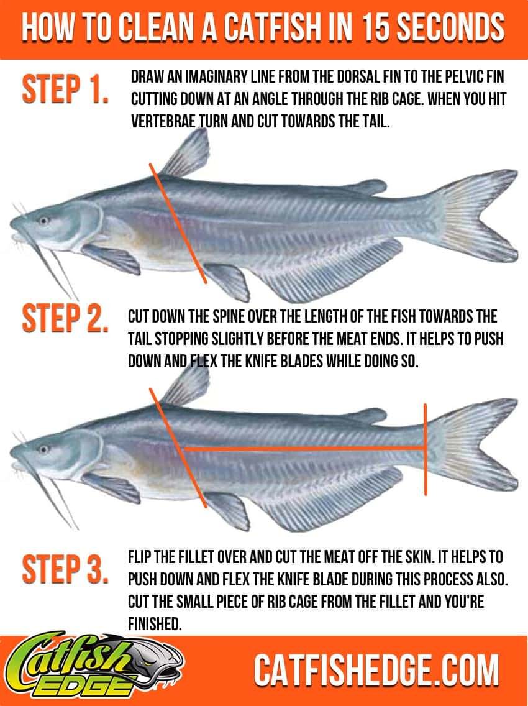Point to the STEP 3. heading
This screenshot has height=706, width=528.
(x=65, y=570)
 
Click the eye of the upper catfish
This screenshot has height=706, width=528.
(x=43, y=220)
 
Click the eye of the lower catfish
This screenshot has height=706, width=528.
(x=43, y=448)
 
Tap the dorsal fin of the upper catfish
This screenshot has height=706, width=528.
(x=186, y=155)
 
